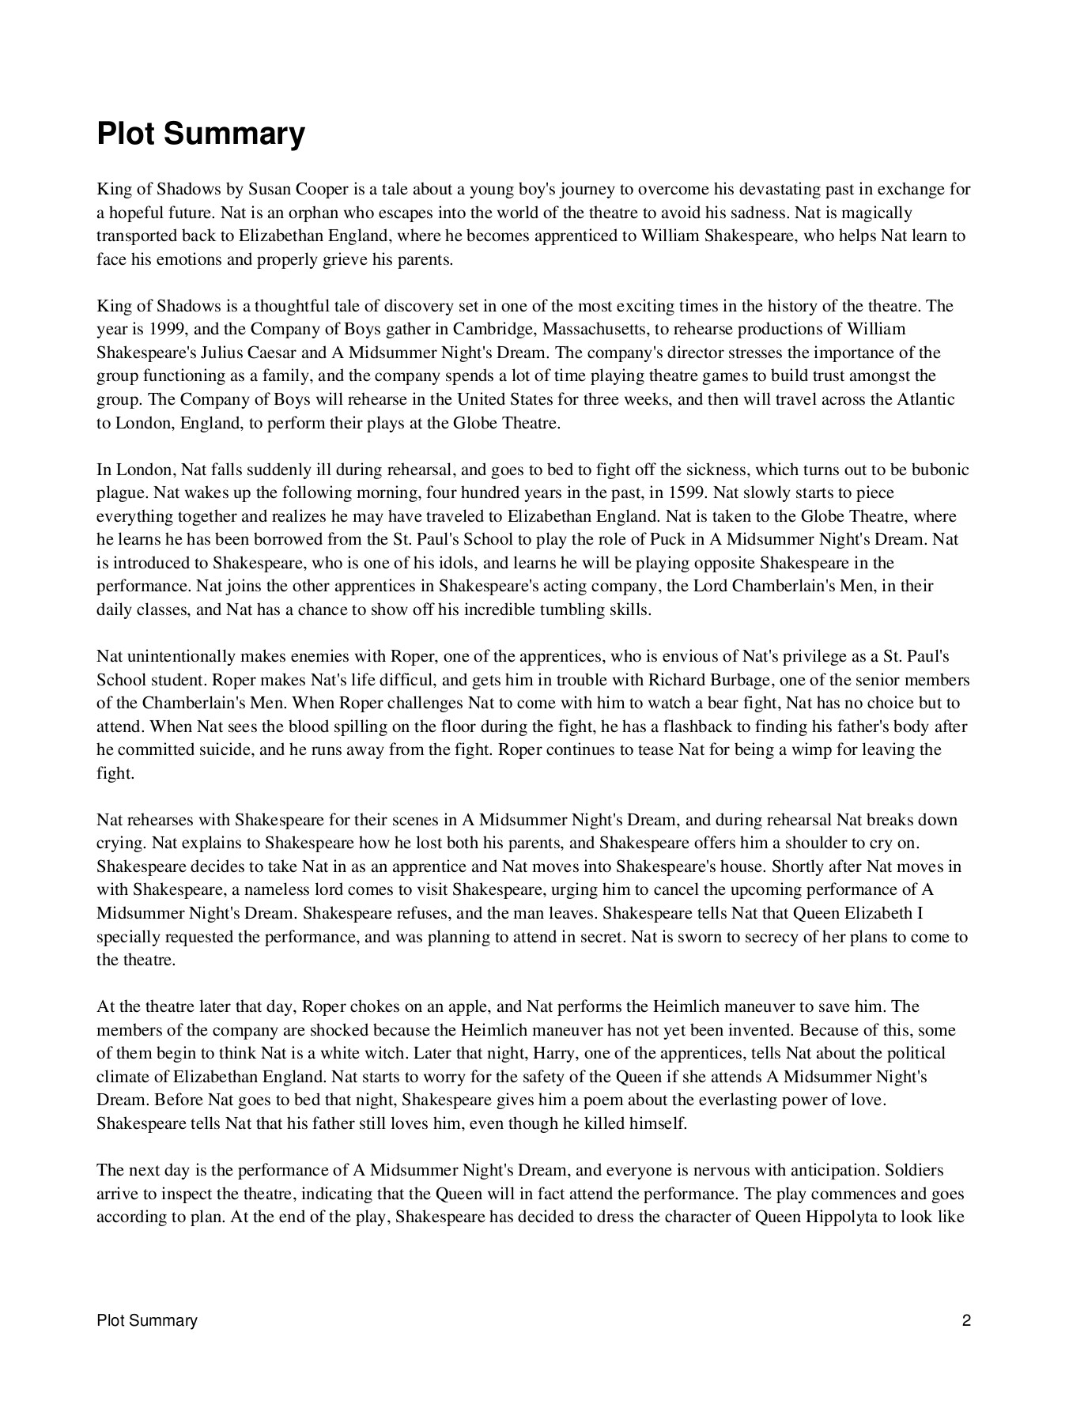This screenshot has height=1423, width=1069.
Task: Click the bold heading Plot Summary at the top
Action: (x=200, y=134)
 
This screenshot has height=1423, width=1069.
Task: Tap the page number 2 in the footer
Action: (x=966, y=1320)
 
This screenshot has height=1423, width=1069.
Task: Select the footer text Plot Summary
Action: (x=147, y=1320)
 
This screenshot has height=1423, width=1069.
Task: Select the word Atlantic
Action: (x=925, y=400)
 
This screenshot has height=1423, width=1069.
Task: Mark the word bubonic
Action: (x=940, y=470)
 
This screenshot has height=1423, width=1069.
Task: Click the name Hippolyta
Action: (x=839, y=1217)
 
